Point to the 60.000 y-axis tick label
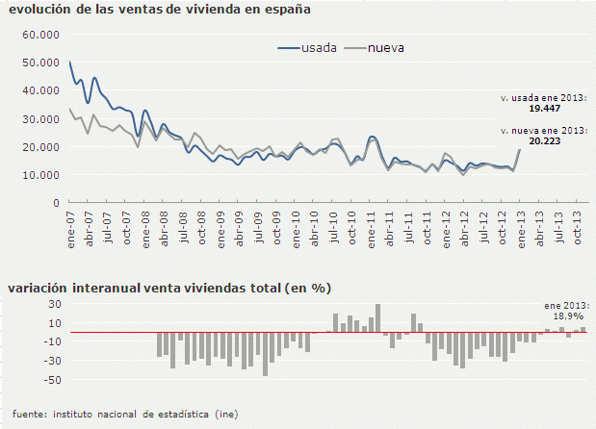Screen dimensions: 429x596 (40, 35)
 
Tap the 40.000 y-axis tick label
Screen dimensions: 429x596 (40, 90)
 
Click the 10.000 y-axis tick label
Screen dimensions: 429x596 (40, 175)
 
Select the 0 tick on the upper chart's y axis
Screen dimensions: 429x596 (56, 203)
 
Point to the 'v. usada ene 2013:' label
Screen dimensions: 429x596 (544, 99)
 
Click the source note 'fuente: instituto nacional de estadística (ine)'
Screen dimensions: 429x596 (126, 414)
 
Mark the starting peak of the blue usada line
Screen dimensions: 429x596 (70, 63)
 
